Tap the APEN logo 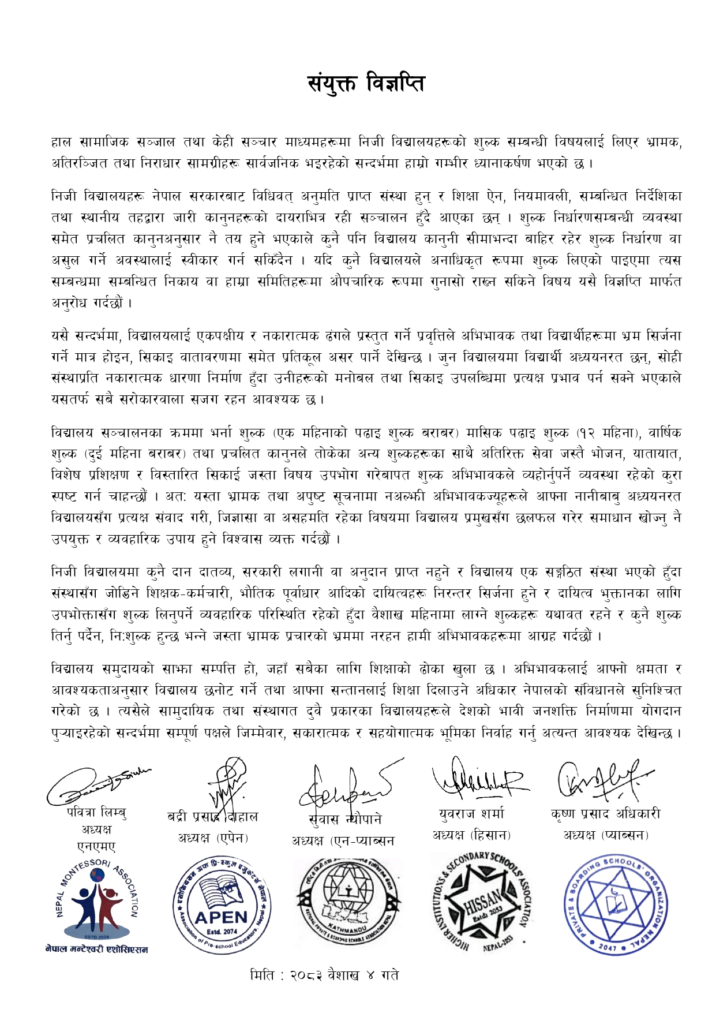(x=222, y=904)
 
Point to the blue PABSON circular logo (x=616, y=903)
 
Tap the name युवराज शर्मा (x=471, y=814)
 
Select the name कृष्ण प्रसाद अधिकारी (x=606, y=814)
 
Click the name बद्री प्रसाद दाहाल (x=212, y=816)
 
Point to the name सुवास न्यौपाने (x=345, y=819)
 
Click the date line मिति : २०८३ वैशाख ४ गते (x=324, y=974)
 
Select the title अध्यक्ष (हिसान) (x=471, y=835)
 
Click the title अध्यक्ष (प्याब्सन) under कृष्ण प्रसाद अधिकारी (x=606, y=835)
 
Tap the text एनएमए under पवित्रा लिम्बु (x=96, y=846)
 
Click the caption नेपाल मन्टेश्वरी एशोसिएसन (x=96, y=949)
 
